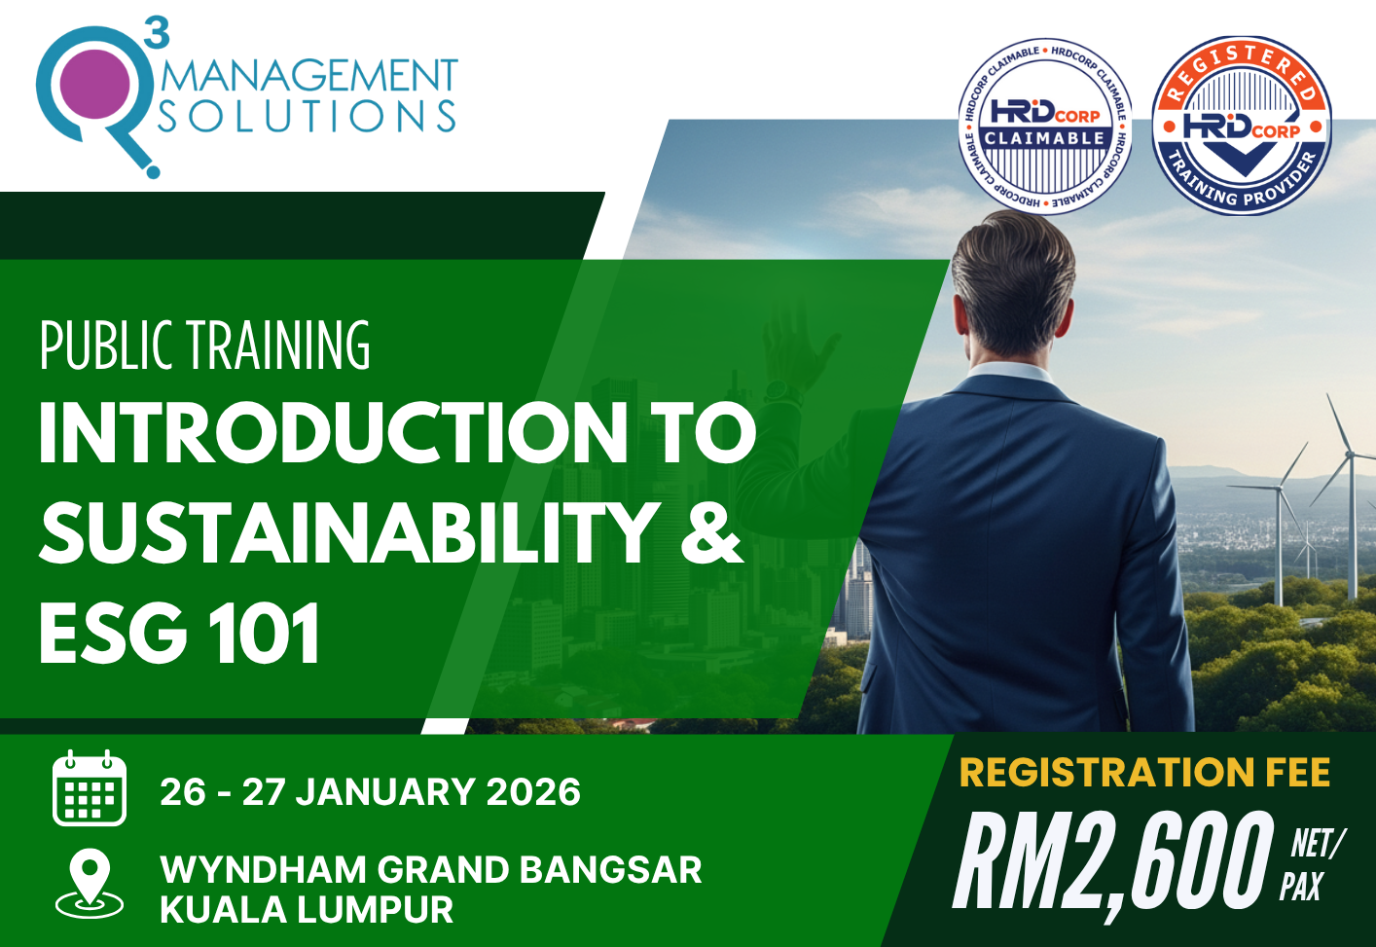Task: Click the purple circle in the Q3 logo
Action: (x=94, y=84)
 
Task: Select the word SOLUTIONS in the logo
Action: (x=308, y=117)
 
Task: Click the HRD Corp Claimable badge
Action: (x=1045, y=126)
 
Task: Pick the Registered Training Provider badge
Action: (x=1241, y=126)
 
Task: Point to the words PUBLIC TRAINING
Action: (x=205, y=346)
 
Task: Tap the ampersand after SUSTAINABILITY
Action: (x=711, y=532)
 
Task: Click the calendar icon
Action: (x=90, y=788)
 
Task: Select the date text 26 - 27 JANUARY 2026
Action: (x=370, y=792)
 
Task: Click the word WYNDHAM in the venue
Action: (x=263, y=869)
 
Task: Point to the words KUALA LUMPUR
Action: (x=307, y=910)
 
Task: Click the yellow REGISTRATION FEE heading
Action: (x=1144, y=773)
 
